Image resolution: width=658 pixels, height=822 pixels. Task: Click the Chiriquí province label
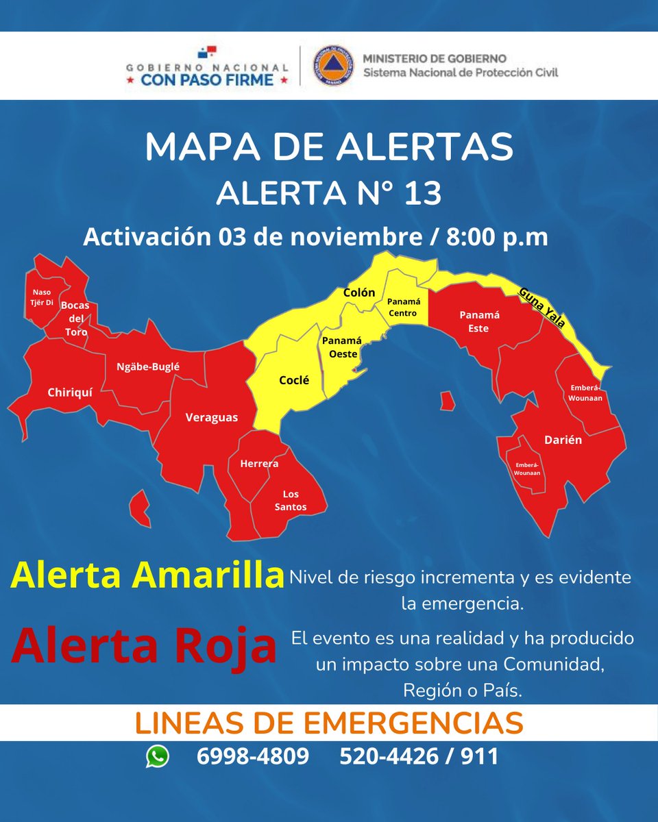click(x=70, y=393)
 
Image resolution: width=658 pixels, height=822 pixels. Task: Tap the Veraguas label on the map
click(x=212, y=416)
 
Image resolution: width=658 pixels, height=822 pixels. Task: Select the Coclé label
click(x=294, y=380)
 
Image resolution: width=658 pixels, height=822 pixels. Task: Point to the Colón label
click(x=359, y=292)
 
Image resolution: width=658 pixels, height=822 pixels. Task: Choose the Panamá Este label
click(x=479, y=321)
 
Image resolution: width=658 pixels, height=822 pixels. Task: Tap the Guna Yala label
click(x=542, y=307)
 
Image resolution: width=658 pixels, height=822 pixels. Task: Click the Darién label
click(x=563, y=440)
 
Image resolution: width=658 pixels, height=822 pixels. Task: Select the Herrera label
click(x=259, y=464)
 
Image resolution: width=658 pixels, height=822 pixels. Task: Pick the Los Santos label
click(x=291, y=501)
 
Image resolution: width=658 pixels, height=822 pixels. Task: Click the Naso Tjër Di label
click(x=41, y=297)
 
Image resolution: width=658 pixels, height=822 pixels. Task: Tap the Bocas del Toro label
click(x=75, y=319)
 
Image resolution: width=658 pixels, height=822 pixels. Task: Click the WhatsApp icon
click(x=157, y=756)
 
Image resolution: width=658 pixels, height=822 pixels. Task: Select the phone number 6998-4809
click(x=252, y=756)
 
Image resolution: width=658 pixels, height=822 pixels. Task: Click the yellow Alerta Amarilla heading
click(x=147, y=575)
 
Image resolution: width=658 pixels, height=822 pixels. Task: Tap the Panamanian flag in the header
click(x=207, y=52)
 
